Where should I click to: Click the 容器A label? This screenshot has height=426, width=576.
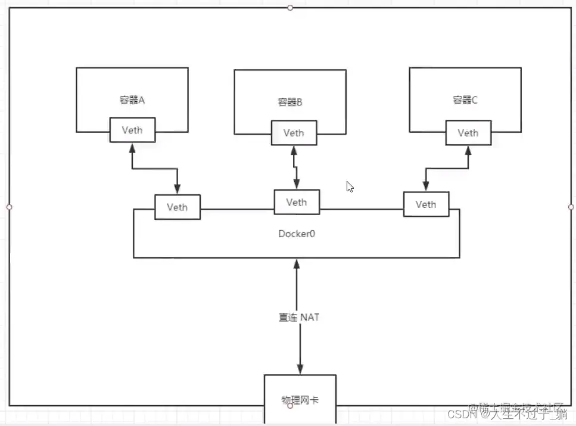(132, 100)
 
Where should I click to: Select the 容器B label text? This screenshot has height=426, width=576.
(290, 102)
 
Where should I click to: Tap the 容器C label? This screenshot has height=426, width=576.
(465, 100)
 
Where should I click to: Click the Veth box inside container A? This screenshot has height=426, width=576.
(132, 130)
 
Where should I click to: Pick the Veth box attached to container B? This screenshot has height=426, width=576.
(294, 133)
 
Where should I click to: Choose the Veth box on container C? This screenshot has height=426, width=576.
(468, 133)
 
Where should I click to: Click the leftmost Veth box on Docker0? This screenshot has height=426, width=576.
(177, 207)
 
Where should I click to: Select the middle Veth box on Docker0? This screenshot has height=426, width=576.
(296, 202)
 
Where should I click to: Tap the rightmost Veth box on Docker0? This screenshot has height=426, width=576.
(426, 204)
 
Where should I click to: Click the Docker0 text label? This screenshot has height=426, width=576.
(297, 234)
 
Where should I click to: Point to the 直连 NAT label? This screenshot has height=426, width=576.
(299, 318)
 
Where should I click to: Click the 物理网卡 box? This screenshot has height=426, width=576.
(300, 398)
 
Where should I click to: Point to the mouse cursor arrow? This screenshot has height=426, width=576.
(350, 186)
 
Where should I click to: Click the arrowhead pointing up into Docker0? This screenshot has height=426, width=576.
(297, 263)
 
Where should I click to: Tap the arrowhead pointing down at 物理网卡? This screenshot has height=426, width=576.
(300, 369)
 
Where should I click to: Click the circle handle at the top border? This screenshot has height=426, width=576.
(290, 8)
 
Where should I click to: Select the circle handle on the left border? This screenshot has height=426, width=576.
(9, 207)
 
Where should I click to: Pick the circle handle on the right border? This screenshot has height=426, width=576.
(571, 207)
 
